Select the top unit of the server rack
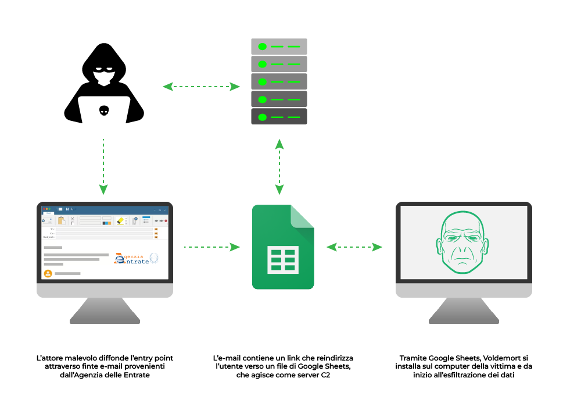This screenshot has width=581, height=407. coord(279,46)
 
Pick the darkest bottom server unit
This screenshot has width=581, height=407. coord(279,116)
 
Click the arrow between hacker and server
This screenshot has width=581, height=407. coord(201,87)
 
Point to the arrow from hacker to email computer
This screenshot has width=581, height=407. coord(103,166)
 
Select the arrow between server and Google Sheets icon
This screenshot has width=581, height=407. coord(279,167)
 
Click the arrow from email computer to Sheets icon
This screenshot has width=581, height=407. coord(211,247)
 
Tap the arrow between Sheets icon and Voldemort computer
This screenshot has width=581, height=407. coord(354,247)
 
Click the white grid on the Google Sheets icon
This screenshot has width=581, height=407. coord(283,258)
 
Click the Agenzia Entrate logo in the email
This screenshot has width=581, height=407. coord(136,258)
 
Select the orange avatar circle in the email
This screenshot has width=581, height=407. coord(48,273)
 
